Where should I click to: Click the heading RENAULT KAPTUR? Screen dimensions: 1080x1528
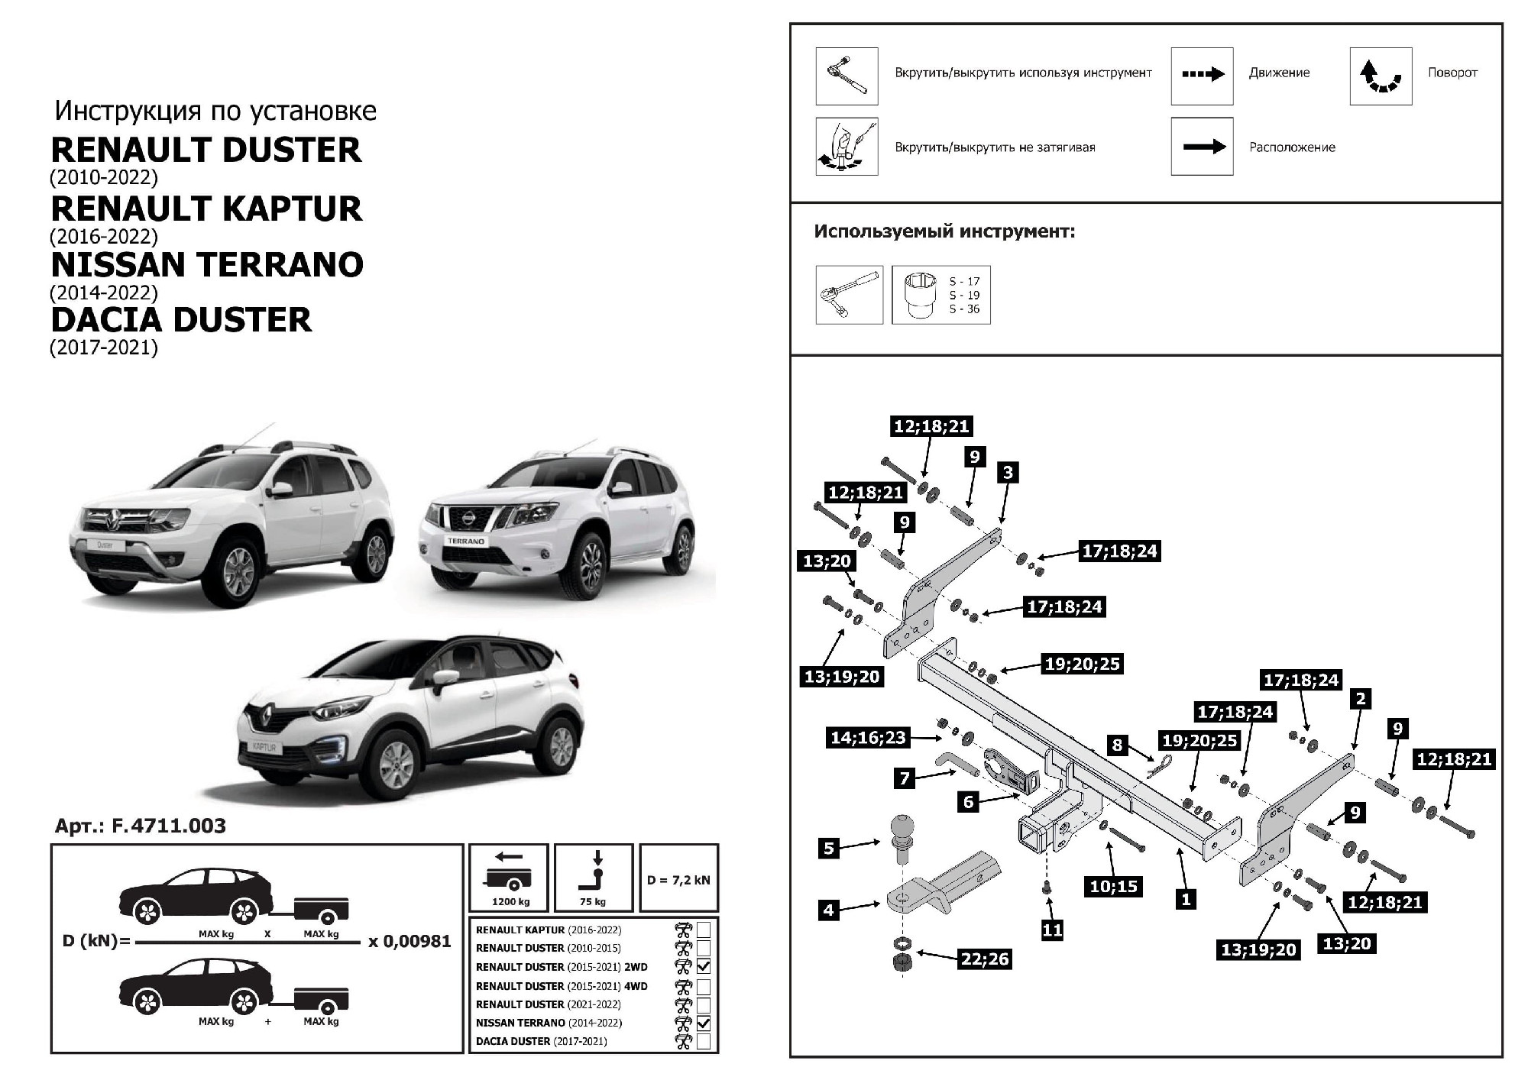[x=206, y=209]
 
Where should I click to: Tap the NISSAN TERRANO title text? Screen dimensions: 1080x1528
[x=206, y=264]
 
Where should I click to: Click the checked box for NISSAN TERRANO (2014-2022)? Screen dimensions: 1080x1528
[x=704, y=1023]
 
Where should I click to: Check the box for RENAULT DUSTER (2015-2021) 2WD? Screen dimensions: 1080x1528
[x=704, y=966]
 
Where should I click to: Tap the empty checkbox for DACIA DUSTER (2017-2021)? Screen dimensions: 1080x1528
[x=704, y=1041]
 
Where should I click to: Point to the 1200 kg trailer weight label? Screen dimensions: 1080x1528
[x=510, y=902]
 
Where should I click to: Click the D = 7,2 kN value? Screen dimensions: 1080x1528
[x=678, y=880]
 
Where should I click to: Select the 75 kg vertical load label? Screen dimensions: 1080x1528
[x=593, y=902]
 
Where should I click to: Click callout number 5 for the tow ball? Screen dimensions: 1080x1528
[x=829, y=847]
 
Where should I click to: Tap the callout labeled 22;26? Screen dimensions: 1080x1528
[x=985, y=959]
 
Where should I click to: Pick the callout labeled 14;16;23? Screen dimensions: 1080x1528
[x=868, y=737]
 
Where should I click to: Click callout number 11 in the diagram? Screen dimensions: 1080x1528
[x=1052, y=930]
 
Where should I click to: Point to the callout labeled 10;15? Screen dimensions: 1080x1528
[x=1114, y=886]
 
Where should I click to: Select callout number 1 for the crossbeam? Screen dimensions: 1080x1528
[x=1186, y=899]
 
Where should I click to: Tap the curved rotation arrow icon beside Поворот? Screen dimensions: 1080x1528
[x=1381, y=76]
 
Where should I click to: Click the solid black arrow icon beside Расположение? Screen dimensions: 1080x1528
[x=1202, y=147]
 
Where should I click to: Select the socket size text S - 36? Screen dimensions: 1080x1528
[x=964, y=309]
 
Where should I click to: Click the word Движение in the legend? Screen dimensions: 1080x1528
[x=1279, y=73]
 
